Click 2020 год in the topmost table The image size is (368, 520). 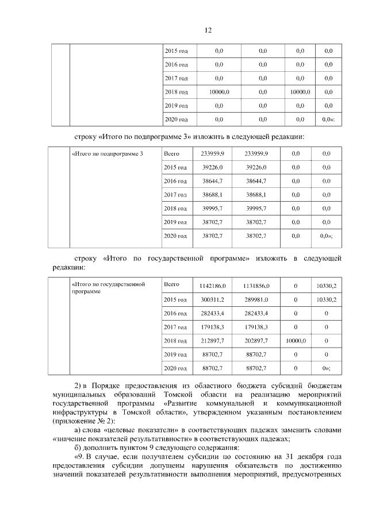click(x=176, y=120)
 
